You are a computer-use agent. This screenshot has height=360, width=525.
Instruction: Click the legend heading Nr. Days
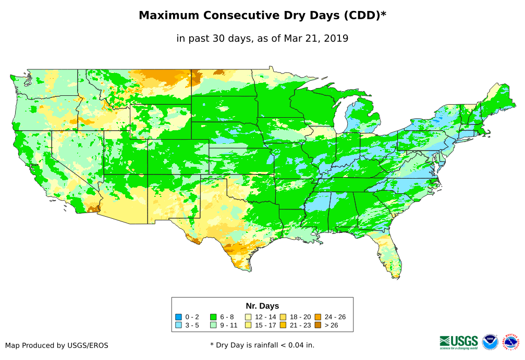click(262, 306)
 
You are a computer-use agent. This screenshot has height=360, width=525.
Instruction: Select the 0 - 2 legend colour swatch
click(178, 317)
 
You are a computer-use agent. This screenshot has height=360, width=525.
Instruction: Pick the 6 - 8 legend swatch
click(213, 317)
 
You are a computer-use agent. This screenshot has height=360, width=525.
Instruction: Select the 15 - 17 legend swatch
click(249, 325)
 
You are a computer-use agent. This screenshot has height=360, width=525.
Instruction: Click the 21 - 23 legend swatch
click(284, 325)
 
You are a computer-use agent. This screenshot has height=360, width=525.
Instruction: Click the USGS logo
click(459, 341)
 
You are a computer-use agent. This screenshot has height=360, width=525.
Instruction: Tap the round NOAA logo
click(490, 342)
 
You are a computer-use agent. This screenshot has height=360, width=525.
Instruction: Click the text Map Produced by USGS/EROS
click(57, 345)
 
